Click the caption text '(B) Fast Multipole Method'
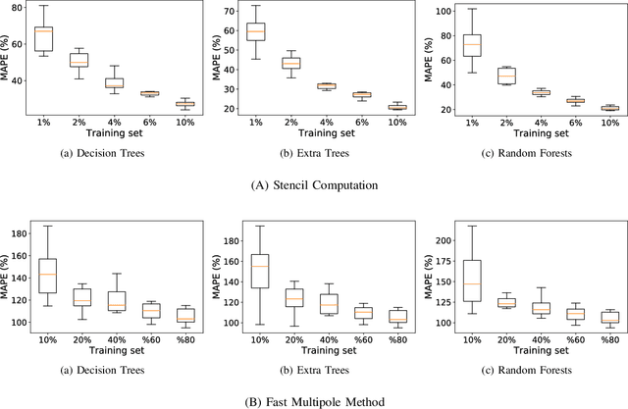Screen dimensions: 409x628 pyautogui.click(x=313, y=399)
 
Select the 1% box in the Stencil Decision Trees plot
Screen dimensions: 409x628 pyautogui.click(x=43, y=39)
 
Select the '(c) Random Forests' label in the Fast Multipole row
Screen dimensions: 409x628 pyautogui.click(x=526, y=370)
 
